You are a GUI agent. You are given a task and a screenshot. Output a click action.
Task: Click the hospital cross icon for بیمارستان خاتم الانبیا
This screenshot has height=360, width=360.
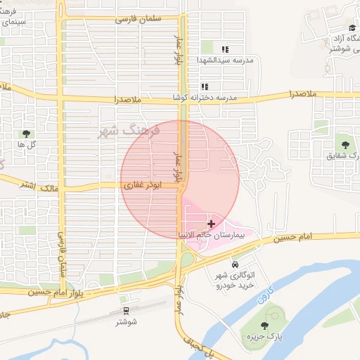(211, 223)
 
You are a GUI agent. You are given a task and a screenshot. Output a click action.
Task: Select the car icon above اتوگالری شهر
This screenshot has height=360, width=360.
(233, 264)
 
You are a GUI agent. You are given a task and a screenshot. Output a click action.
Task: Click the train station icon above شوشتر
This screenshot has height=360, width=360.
(127, 310)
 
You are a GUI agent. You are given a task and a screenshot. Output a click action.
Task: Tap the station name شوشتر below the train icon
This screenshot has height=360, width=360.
(127, 322)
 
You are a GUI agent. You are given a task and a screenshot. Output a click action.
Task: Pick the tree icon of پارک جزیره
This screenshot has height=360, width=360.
(264, 326)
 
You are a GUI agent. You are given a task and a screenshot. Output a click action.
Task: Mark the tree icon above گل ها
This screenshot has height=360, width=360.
(27, 133)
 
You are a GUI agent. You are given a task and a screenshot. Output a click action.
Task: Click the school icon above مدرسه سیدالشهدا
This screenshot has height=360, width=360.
(225, 49)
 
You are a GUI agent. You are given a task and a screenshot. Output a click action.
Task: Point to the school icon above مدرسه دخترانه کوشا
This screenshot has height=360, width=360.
(205, 86)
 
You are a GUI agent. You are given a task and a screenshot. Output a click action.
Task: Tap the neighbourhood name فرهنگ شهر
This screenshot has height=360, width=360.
(131, 131)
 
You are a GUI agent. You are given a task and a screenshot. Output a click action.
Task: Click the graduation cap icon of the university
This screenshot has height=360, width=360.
(352, 28)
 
